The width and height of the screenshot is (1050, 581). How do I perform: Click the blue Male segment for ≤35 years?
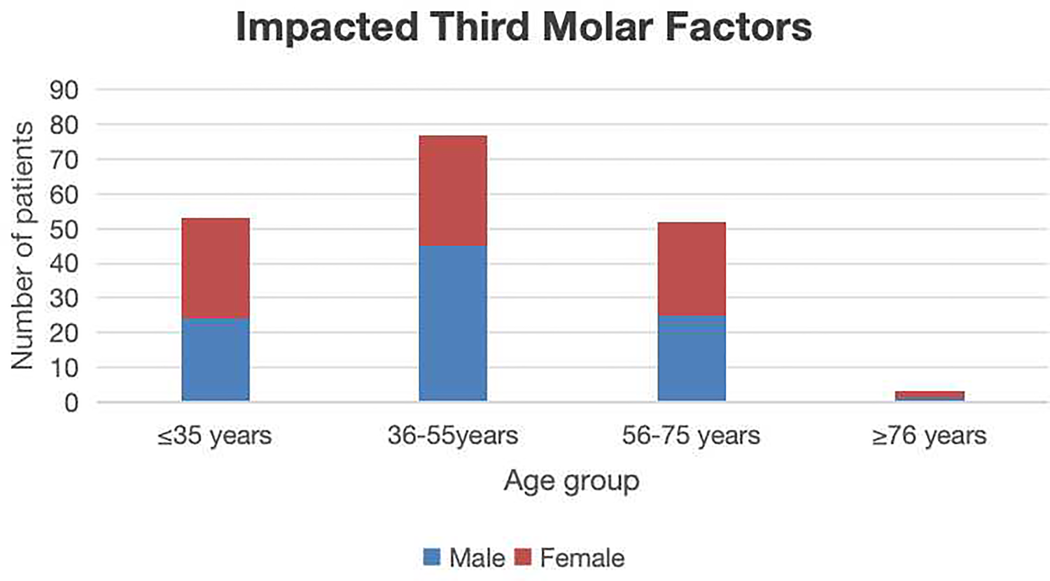click(x=216, y=360)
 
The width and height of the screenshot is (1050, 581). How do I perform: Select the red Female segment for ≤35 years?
click(x=216, y=268)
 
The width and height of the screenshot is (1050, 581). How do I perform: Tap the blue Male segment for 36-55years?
click(x=453, y=323)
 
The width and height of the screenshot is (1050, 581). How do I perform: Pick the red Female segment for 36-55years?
click(x=453, y=190)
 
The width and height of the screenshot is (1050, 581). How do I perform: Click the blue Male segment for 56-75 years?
click(x=692, y=358)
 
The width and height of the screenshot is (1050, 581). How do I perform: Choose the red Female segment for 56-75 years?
click(x=692, y=269)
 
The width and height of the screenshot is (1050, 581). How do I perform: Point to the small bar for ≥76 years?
click(x=930, y=396)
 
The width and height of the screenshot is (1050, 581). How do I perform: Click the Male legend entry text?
click(x=477, y=558)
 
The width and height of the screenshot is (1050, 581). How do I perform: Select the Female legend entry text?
click(x=582, y=558)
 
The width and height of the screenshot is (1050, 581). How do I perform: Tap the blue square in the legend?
click(x=433, y=557)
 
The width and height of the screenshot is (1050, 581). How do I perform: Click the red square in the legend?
click(x=523, y=557)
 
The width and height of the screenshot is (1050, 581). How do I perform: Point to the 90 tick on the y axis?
click(x=64, y=90)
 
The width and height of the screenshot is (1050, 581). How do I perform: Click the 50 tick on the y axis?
click(x=64, y=230)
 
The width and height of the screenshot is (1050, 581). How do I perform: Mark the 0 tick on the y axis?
click(x=71, y=403)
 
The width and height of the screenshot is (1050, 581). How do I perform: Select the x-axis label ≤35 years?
click(x=214, y=435)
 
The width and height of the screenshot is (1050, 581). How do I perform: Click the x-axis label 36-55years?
click(x=453, y=435)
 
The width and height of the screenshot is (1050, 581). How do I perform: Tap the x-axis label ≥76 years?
click(x=929, y=435)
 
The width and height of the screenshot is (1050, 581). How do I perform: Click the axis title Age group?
click(x=571, y=481)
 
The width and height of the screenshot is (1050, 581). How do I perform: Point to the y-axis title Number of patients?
click(x=22, y=246)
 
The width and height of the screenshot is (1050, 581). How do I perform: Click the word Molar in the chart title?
click(x=589, y=28)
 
